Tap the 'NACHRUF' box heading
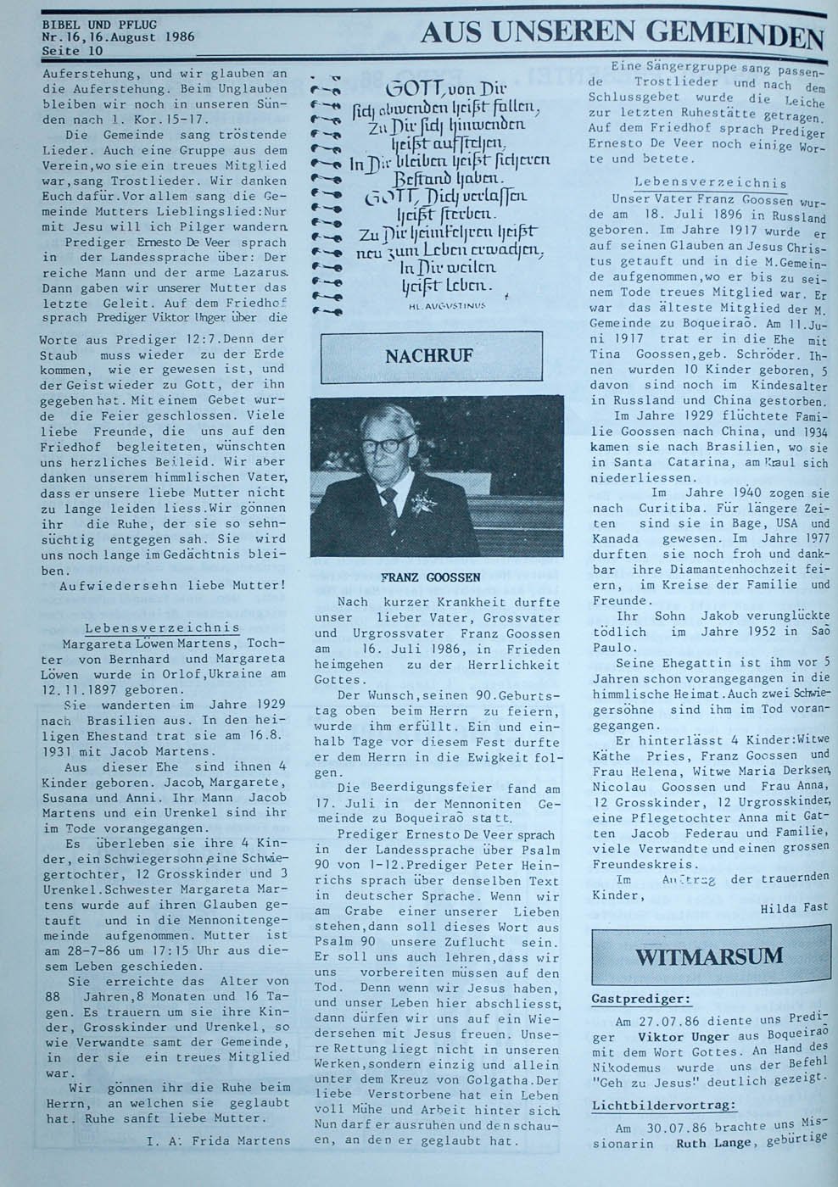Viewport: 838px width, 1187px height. pyautogui.click(x=429, y=356)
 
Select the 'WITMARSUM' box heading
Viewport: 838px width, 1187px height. pyautogui.click(x=709, y=956)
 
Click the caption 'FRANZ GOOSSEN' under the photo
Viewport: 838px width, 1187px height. pyautogui.click(x=430, y=577)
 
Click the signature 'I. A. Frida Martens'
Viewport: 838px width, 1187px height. pyautogui.click(x=218, y=1140)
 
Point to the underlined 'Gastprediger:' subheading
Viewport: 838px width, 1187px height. pyautogui.click(x=640, y=999)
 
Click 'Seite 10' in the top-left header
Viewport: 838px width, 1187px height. pyautogui.click(x=73, y=50)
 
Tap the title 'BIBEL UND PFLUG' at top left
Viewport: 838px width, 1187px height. pyautogui.click(x=99, y=25)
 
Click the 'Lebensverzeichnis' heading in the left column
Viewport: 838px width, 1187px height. pyautogui.click(x=162, y=627)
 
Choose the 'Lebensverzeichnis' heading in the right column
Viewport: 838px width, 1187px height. pyautogui.click(x=710, y=182)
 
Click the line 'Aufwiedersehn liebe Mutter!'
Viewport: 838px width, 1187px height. pyautogui.click(x=174, y=585)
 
